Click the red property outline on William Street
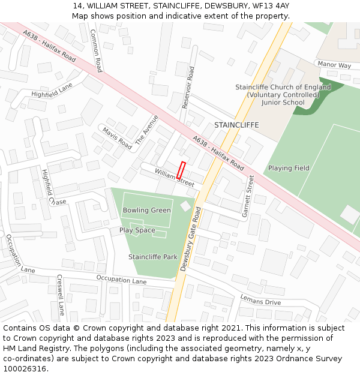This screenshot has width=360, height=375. tap(181, 170)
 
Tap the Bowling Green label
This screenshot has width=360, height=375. tap(146, 211)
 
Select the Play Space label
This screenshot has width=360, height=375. tap(137, 230)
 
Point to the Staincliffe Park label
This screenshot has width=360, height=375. tap(153, 257)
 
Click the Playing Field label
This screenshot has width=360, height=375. tap(289, 168)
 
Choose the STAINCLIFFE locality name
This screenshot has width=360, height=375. tap(236, 125)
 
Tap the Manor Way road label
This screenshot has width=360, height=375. tap(334, 65)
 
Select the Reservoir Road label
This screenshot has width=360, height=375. tap(188, 87)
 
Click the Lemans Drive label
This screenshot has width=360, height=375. tap(260, 299)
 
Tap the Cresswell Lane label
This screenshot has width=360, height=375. tap(60, 295)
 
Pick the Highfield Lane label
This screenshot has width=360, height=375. tap(52, 90)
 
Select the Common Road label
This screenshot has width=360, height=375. tap(96, 50)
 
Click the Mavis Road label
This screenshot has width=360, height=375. tap(116, 138)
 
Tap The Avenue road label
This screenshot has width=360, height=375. tap(146, 130)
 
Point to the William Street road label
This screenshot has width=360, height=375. tap(175, 178)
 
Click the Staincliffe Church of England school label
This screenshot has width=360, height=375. tap(283, 95)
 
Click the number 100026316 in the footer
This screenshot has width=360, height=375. tap(25, 369)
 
